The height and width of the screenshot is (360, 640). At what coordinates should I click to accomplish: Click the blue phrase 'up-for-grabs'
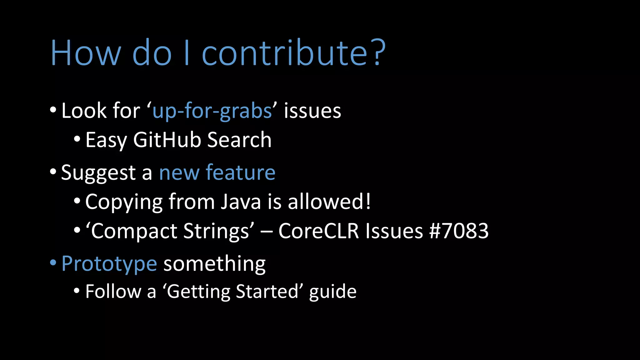(212, 111)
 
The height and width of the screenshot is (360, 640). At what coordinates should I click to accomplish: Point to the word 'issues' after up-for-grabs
(312, 111)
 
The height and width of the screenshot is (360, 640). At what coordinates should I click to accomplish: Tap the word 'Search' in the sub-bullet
(239, 140)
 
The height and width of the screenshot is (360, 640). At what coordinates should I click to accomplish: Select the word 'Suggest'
(98, 173)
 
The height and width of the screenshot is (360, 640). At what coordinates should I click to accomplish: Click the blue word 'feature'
(240, 172)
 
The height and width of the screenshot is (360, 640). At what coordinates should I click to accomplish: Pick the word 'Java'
(241, 202)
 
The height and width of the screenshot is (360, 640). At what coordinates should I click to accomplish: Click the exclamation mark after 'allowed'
(368, 201)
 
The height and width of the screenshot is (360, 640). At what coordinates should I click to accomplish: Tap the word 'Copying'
(124, 202)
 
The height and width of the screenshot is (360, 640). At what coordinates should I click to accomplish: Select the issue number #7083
(459, 231)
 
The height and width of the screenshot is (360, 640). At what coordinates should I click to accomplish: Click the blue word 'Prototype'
(109, 264)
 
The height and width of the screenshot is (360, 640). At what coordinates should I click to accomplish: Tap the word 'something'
(214, 264)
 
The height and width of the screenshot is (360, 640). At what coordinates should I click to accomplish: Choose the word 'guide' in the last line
(332, 292)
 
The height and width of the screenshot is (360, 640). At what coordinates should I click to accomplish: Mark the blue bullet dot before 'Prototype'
(53, 263)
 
